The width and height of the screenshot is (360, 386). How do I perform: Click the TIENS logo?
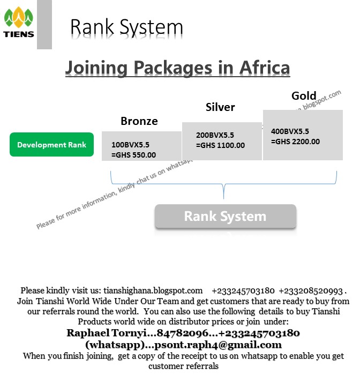pyautogui.click(x=19, y=23)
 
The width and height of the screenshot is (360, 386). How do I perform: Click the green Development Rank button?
pyautogui.click(x=51, y=145)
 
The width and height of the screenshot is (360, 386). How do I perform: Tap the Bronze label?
pyautogui.click(x=139, y=121)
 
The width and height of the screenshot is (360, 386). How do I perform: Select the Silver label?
pyautogui.click(x=220, y=107)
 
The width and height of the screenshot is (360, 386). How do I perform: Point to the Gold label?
pyautogui.click(x=304, y=96)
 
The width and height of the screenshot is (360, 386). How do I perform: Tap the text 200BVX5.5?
pyautogui.click(x=215, y=135)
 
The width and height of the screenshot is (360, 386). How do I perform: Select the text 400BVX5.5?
pyautogui.click(x=290, y=131)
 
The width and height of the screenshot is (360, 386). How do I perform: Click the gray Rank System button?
pyautogui.click(x=225, y=217)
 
